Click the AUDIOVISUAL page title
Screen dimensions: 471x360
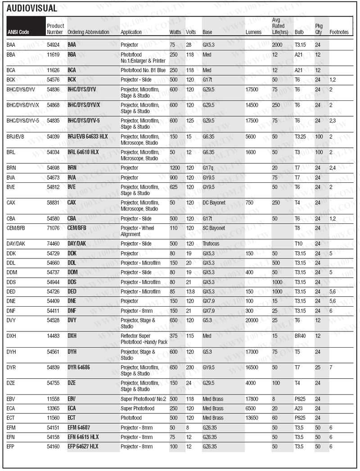point(31,8)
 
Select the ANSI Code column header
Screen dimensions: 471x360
point(18,32)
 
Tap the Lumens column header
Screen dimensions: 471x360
point(253,32)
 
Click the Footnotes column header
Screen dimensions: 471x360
point(339,32)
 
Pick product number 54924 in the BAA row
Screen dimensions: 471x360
point(53,45)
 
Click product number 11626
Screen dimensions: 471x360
point(53,70)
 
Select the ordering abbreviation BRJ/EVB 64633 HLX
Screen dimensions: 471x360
point(88,136)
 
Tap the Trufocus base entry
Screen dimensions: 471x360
point(211,244)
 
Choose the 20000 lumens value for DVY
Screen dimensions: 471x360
point(252,320)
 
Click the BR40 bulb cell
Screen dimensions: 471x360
point(300,336)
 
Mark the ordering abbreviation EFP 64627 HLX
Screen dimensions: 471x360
point(83,446)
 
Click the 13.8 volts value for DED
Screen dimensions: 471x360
point(191,292)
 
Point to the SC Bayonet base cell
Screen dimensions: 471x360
point(213,228)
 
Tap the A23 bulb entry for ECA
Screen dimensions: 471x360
point(299,408)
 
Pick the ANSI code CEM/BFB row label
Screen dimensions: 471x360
point(16,228)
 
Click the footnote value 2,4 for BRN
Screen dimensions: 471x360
point(333,168)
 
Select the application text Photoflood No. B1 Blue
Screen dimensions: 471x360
point(143,70)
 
